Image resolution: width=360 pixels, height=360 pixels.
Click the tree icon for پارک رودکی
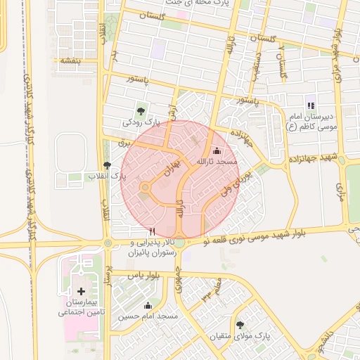coord(141,110)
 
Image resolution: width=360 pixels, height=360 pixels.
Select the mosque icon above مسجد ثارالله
coord(216,151)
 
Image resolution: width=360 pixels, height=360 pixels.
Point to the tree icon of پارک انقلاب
coord(107,165)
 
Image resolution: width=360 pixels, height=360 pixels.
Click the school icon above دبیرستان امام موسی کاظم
coord(311,105)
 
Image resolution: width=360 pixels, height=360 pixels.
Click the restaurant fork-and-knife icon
coord(153,230)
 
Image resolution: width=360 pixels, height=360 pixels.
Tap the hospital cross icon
coord(81,290)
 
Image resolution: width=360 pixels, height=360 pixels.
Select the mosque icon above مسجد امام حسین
coord(148,305)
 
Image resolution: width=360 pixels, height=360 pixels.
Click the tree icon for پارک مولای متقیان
coord(241,325)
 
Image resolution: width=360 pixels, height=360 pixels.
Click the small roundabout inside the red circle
coord(145,187)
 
